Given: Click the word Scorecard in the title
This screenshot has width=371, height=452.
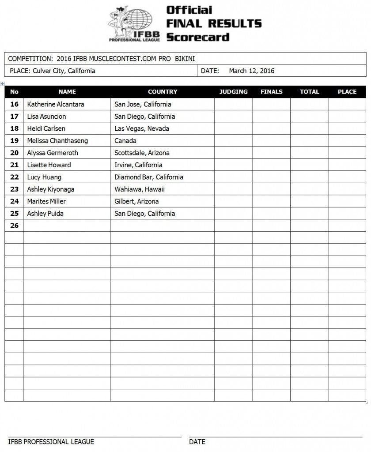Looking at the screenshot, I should coord(198,37).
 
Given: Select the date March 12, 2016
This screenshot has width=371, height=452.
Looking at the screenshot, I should coord(252,71).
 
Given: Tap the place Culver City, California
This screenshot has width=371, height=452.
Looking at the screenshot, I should coord(64,71).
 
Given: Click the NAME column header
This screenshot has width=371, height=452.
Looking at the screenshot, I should coord(67,92).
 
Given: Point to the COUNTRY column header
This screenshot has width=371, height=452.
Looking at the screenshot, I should coord(163,92).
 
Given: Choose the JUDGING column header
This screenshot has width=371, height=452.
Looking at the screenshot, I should coord(234,92).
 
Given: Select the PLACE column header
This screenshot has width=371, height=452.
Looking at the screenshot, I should coord(347,92).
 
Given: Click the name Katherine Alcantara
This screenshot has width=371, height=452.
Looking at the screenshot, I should coord(56,105).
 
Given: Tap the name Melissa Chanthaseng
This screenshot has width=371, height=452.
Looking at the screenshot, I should coord(57,141).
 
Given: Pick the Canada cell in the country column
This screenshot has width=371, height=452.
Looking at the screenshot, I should coord(125,141).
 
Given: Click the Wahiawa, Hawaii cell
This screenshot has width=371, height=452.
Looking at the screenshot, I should coord(139,189).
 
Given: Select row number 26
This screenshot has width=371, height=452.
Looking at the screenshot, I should coord(14,226).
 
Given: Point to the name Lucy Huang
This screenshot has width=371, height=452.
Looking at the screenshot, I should coord(44,177).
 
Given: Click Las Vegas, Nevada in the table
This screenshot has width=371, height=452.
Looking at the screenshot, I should coord(142,129).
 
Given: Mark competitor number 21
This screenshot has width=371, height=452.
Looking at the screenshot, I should coord(14,165).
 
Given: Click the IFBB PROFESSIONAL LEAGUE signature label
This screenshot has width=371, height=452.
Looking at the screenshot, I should coord(51,441).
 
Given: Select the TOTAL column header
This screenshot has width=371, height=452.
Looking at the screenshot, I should coord(309,92).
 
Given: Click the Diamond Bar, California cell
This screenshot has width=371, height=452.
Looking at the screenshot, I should coord(149,177).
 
